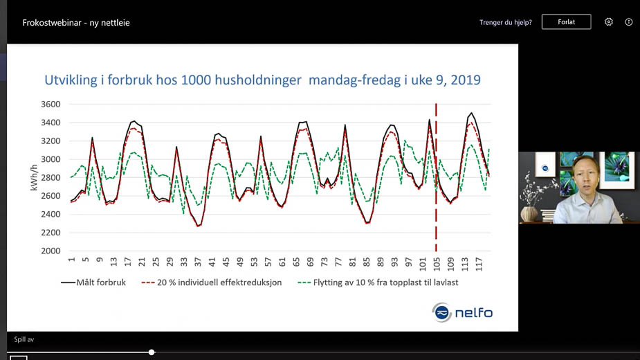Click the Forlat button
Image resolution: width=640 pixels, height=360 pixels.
click(x=566, y=22)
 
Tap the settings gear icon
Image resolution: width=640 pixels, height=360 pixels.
click(x=609, y=22)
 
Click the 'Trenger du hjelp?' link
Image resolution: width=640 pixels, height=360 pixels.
click(x=506, y=22)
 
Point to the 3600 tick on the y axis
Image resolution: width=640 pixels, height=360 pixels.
click(x=50, y=105)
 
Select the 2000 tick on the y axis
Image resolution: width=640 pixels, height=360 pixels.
click(x=50, y=251)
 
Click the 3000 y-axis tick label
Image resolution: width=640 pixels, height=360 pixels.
click(x=50, y=159)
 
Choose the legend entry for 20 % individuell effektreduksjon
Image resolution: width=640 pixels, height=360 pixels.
click(x=210, y=282)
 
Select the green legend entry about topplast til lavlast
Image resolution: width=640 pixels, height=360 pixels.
click(x=377, y=282)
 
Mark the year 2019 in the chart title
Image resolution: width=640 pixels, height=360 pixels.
click(x=465, y=80)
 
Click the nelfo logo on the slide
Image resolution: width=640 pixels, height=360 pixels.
click(x=462, y=313)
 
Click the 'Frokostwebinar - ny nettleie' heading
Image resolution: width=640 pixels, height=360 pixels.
click(x=76, y=23)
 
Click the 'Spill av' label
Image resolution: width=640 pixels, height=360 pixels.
click(x=24, y=340)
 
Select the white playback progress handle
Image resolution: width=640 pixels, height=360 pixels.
click(x=152, y=352)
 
